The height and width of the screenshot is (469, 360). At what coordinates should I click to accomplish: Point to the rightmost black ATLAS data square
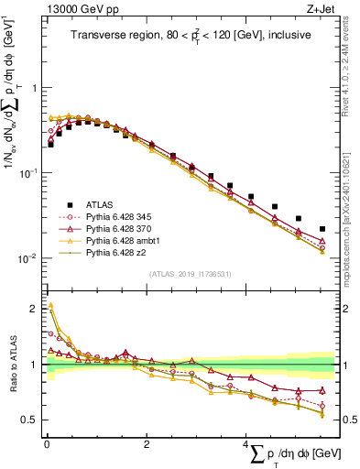(322, 229)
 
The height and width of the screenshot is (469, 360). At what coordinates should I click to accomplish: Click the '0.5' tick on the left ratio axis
(31, 420)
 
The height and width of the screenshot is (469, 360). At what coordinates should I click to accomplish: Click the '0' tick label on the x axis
(46, 443)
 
